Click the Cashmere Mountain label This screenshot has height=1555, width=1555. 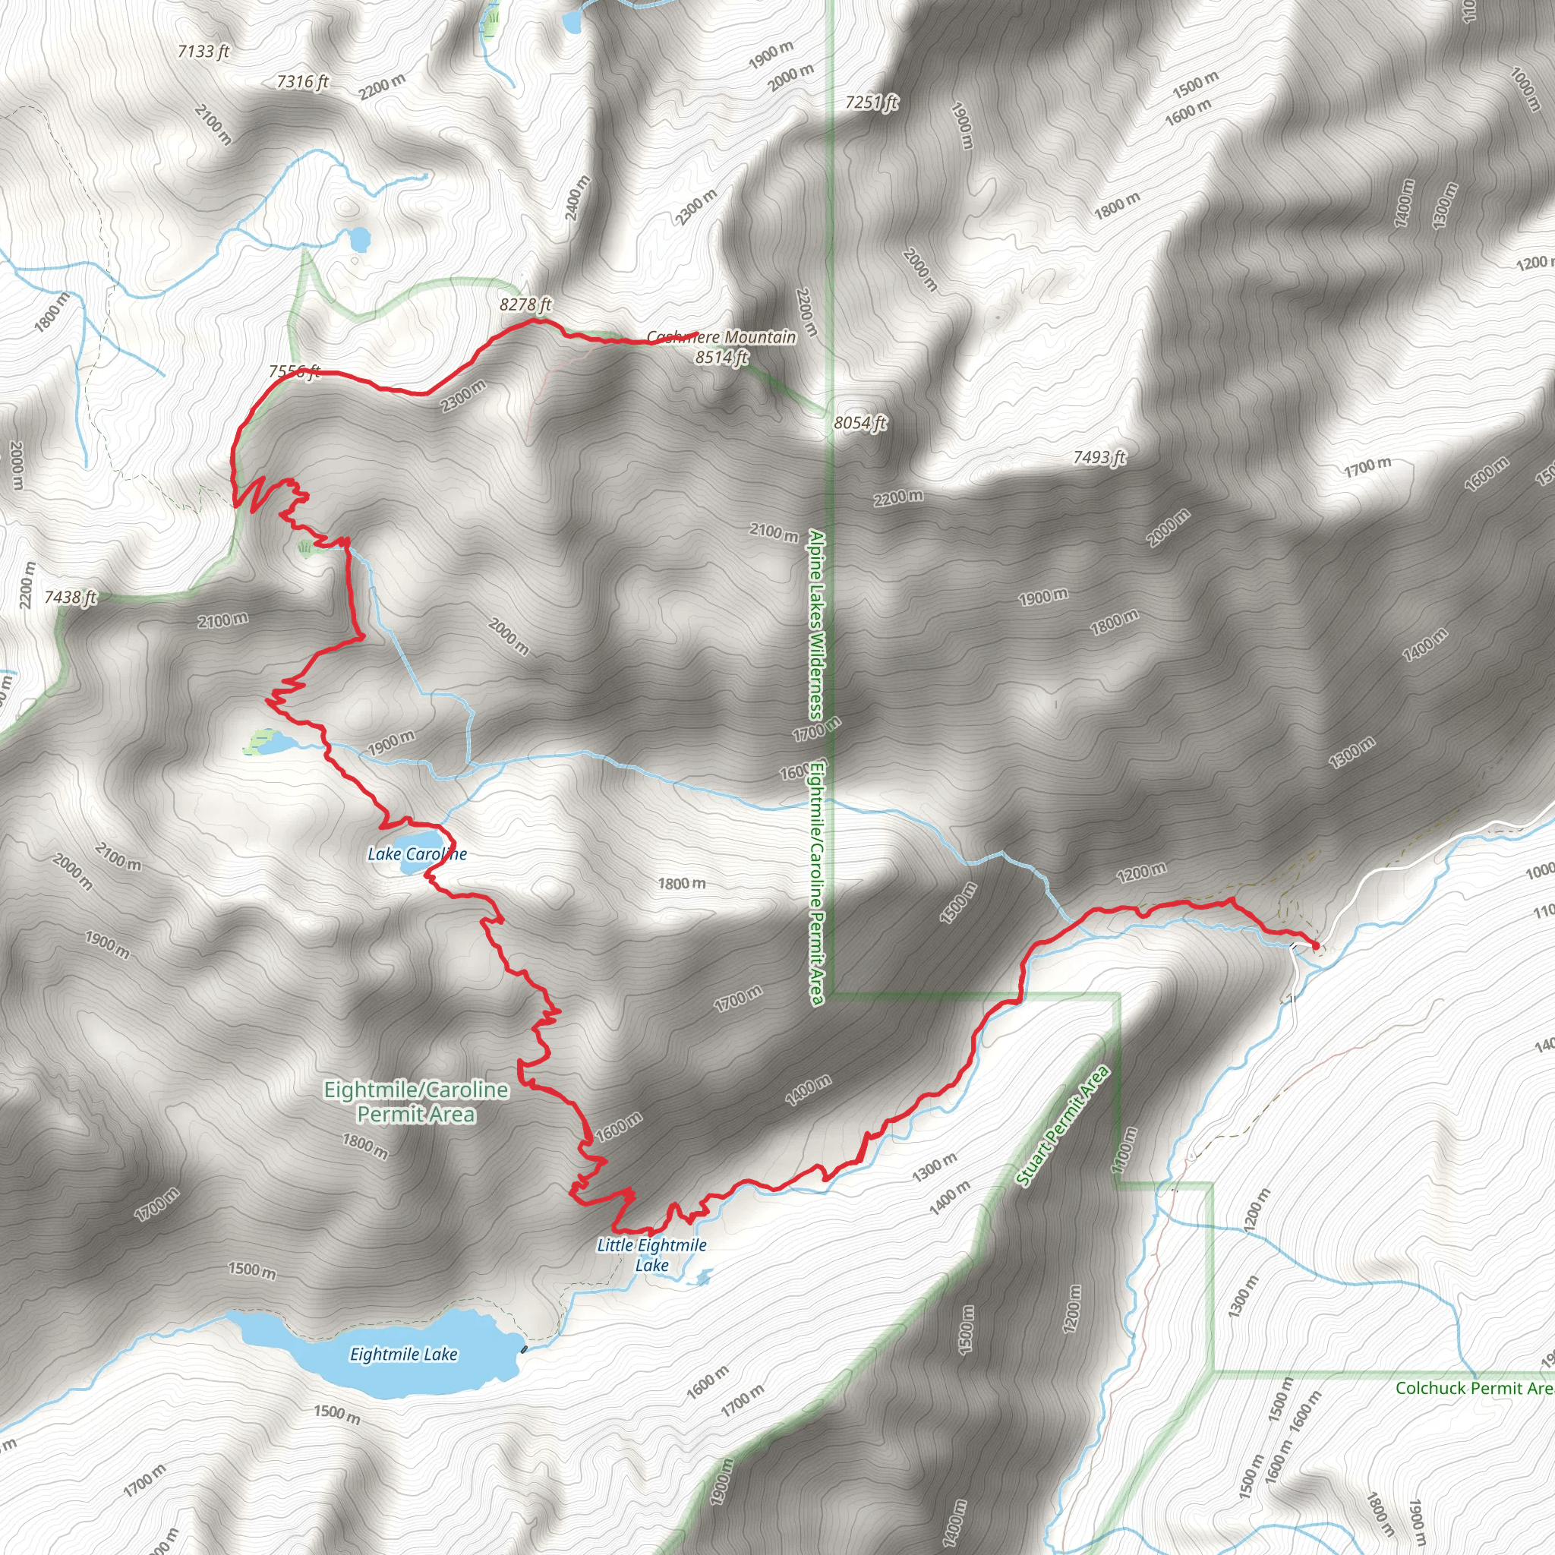[722, 337]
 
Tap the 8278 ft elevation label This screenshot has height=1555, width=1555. [525, 304]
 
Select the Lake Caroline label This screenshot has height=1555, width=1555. [417, 854]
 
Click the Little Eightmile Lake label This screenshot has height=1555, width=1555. [652, 1255]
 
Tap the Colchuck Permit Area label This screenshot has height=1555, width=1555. [1474, 1388]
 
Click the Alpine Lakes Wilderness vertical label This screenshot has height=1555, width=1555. [816, 625]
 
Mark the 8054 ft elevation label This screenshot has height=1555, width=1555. [860, 423]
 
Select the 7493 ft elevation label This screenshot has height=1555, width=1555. [1099, 458]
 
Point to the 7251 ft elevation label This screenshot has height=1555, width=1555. [872, 103]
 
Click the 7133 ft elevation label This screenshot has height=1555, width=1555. [203, 52]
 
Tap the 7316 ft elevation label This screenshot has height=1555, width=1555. [303, 81]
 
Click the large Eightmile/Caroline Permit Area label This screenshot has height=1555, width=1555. [416, 1102]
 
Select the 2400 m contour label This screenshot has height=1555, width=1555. [578, 199]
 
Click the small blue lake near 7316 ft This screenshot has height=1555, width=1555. [358, 238]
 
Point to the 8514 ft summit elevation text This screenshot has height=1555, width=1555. [722, 358]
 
